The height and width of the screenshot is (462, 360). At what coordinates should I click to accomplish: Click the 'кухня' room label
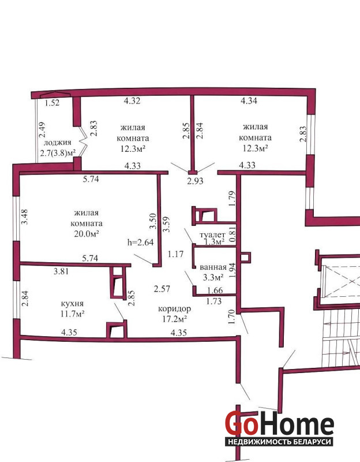(x=72, y=304)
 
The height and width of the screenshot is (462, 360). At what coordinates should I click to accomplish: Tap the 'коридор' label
(x=175, y=308)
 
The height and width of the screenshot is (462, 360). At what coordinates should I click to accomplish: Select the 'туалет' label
(x=212, y=235)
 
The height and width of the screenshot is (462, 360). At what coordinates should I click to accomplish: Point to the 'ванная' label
(x=213, y=267)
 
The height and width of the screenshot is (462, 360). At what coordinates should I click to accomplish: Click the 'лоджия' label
(x=57, y=143)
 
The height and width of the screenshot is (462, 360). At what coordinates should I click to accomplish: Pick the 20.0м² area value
(x=86, y=234)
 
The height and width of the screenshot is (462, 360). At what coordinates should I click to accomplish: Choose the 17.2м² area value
(x=175, y=319)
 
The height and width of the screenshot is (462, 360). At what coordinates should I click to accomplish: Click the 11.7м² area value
(x=73, y=314)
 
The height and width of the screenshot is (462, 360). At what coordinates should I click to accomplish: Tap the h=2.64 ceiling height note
(x=140, y=242)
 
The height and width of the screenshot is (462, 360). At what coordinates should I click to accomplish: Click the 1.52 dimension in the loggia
(x=52, y=103)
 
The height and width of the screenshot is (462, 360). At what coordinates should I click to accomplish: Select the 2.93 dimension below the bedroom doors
(x=195, y=181)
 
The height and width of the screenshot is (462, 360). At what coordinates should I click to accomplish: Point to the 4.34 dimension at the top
(x=249, y=100)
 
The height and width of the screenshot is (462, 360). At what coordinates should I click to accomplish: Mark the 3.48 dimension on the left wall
(x=25, y=217)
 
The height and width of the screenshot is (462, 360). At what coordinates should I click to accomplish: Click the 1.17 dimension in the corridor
(x=176, y=254)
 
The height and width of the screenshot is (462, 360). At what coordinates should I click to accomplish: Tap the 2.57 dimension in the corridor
(x=162, y=288)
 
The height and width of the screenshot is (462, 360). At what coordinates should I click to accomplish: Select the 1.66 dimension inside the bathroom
(x=215, y=290)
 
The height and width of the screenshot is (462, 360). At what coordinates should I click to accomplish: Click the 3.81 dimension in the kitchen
(x=61, y=271)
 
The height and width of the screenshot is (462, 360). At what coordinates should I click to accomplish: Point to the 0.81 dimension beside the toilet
(x=232, y=235)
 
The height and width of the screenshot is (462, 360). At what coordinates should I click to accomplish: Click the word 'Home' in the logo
(x=297, y=424)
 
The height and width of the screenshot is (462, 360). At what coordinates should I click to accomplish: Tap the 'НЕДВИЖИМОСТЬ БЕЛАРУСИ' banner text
(x=280, y=442)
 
